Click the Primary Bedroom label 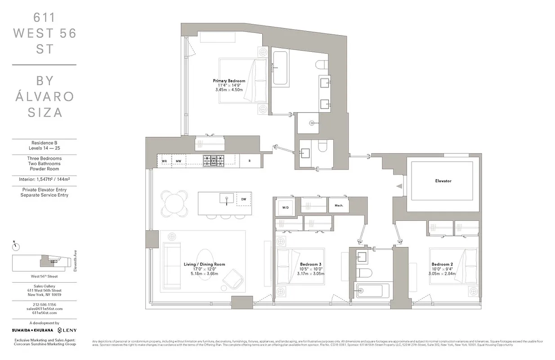point(229,81)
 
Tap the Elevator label point(443,181)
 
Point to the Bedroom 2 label point(442,264)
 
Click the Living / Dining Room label point(204,264)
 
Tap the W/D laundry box point(286,207)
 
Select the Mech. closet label point(339,206)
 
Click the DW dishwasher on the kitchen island point(243,198)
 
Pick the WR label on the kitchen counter point(165,161)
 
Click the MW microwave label point(179,161)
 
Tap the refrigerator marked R point(249,161)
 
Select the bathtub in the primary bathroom point(280,68)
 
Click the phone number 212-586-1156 point(44,304)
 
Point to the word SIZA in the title point(44,112)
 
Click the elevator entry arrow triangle point(398,185)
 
